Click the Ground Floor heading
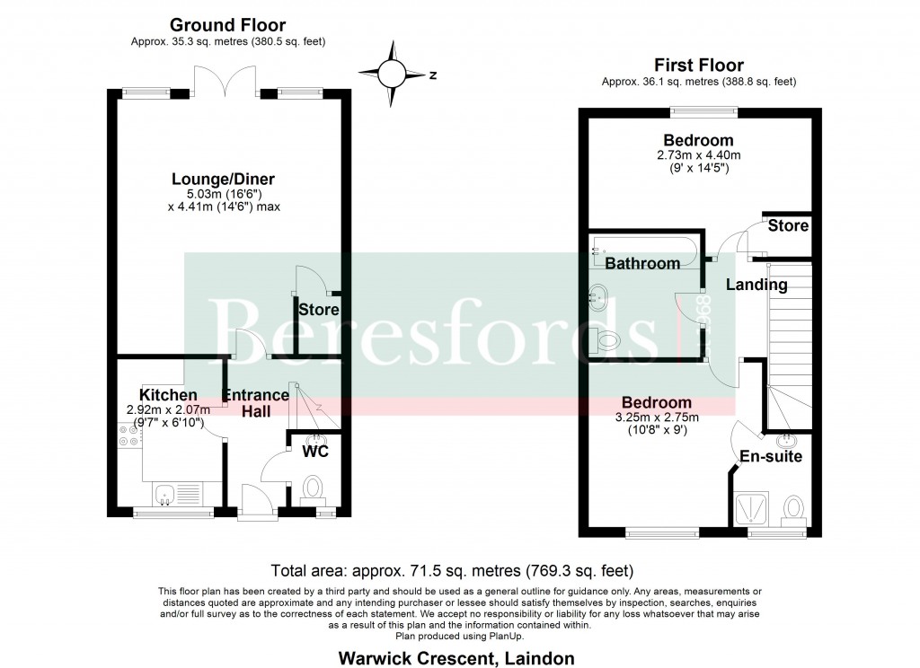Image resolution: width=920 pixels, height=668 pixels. coord(227,25)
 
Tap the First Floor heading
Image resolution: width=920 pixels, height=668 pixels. coord(699,66)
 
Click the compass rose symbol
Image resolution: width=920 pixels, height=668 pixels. coord(392,74)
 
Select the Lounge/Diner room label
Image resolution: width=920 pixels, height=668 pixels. coord(223,179)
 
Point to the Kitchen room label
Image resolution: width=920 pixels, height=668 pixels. coord(168,395)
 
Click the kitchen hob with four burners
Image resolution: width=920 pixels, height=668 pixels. coord(129,435)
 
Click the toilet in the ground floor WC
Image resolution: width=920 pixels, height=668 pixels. coord(313,489)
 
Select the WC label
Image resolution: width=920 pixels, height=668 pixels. coord(315,451)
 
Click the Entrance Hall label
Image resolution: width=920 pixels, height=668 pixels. coord(256,403)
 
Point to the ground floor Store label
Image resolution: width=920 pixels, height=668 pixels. coord(319,310)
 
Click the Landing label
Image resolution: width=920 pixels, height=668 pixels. coord(756,285)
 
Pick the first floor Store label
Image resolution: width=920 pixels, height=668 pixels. coord(788,225)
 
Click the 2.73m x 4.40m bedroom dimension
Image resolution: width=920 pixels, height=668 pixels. coord(698,155)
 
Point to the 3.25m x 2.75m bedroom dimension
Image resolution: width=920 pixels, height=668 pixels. coord(657,417)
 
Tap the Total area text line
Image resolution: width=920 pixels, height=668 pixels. coord(452,571)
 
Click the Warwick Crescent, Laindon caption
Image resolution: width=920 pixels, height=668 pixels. coord(456,658)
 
